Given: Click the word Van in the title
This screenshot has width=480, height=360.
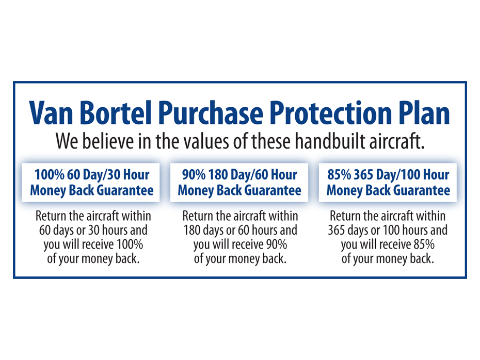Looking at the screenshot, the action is point(51,112).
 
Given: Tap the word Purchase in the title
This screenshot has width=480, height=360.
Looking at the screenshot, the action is point(211,112).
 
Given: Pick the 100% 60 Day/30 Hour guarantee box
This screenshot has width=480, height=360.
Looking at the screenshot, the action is point(91,183).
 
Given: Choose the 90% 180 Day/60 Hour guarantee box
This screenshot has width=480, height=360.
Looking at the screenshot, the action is point(239,183).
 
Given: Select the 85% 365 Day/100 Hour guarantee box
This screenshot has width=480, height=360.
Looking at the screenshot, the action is point(388,183).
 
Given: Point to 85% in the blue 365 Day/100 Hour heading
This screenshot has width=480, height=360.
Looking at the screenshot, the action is point(339,175).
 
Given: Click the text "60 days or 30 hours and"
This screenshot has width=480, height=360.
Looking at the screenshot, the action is point(93,231).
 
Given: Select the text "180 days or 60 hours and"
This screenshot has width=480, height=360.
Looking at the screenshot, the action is point(241,231).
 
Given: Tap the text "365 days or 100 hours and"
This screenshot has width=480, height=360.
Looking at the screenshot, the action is point(388,231).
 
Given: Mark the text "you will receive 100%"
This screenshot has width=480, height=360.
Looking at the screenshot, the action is point(93,244).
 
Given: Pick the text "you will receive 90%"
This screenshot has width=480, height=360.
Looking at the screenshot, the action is point(241,244).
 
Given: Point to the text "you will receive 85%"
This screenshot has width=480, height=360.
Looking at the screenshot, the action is point(388,244).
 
